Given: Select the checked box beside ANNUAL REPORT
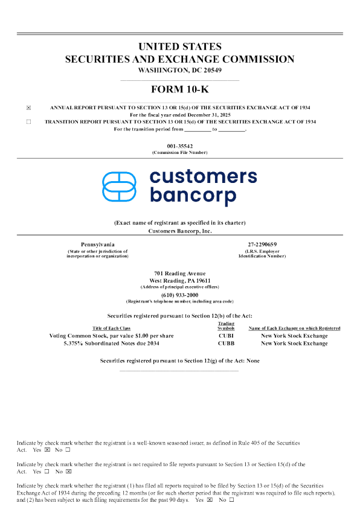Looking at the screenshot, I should [28, 107].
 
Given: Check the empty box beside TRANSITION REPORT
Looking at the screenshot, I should [28, 121].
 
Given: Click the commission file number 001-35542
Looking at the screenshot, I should [180, 146].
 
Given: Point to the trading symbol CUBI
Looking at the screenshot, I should [225, 336].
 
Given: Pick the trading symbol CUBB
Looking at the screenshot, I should [225, 344].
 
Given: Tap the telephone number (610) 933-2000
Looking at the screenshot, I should [180, 295].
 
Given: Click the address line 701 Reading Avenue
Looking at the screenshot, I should [180, 274].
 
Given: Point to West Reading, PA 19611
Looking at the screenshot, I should [180, 280].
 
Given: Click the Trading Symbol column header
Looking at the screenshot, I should [225, 325].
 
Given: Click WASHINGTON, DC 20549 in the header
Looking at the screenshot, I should [180, 70].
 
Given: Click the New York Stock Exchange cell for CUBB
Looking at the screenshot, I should [294, 344].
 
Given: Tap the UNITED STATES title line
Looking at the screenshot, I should [180, 46].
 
